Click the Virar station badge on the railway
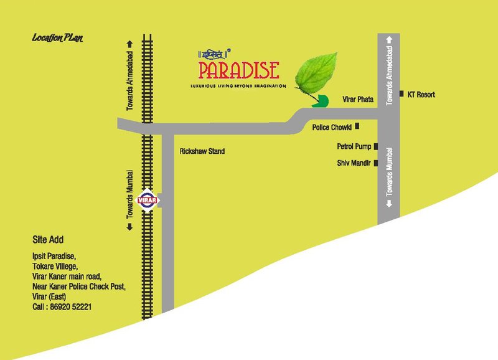click(x=148, y=200)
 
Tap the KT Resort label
click(x=421, y=95)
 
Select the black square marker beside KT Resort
click(x=402, y=94)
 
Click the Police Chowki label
click(x=331, y=128)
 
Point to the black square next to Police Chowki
click(x=357, y=126)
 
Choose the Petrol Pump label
click(x=354, y=147)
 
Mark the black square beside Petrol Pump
click(x=376, y=147)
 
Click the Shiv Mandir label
click(x=354, y=163)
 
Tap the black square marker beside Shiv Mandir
click(x=376, y=163)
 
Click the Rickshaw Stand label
click(x=202, y=151)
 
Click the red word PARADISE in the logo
click(x=239, y=69)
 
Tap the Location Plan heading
click(x=57, y=39)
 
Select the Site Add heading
click(x=48, y=240)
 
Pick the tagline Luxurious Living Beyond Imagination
click(x=238, y=85)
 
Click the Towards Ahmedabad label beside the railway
click(x=130, y=76)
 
